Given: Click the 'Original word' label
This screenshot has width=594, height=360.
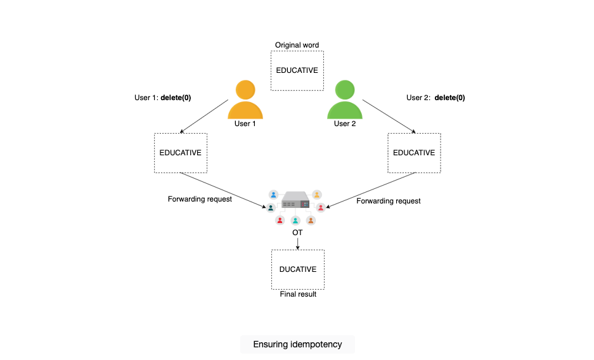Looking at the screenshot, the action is (x=297, y=45).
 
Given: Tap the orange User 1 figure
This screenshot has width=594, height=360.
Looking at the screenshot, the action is (x=245, y=100).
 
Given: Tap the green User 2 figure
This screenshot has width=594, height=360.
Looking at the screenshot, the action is (x=345, y=100).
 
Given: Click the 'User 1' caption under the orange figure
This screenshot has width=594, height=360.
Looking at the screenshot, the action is (x=245, y=124).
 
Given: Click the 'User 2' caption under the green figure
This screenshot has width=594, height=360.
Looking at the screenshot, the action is (x=345, y=124).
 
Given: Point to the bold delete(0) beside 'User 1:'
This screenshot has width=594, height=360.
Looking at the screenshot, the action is (x=176, y=98).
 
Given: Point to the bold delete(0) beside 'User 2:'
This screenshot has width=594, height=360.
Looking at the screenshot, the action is (x=449, y=98).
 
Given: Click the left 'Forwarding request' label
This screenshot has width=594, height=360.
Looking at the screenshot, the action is (x=200, y=199).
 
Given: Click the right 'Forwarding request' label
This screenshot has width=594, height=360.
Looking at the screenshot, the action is (x=389, y=201).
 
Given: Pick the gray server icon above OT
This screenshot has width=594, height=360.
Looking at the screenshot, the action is (x=295, y=200).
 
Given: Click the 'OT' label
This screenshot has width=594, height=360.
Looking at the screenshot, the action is (x=297, y=233).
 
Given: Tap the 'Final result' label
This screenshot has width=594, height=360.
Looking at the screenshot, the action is (x=298, y=294).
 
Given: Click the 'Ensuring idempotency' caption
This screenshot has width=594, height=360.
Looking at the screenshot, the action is (x=297, y=345).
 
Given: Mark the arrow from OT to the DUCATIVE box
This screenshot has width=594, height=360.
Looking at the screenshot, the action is (x=298, y=244).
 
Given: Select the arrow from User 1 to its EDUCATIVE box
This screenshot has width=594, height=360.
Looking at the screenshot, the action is (x=204, y=116).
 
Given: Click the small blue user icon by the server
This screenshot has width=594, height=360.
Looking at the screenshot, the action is (x=273, y=195).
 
